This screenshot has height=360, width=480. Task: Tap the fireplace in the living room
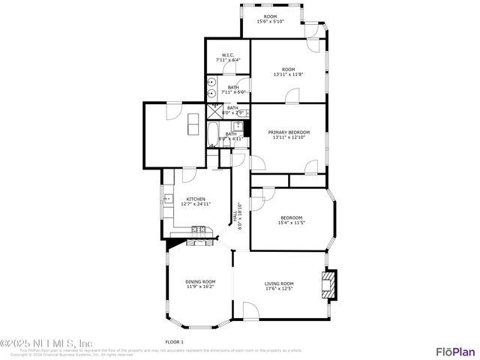[x=328, y=285]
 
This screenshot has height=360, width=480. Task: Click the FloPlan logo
[x=455, y=351]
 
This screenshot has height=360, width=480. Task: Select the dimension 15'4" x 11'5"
[x=291, y=223]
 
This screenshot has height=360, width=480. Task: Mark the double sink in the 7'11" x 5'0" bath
[x=211, y=88]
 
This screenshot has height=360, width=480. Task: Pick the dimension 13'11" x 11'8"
[x=288, y=74]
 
